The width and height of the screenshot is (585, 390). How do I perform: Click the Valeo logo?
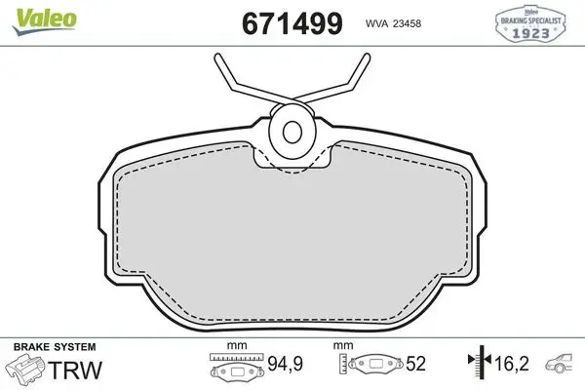click(x=44, y=21)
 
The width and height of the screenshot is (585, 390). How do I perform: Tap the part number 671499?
click(x=292, y=23)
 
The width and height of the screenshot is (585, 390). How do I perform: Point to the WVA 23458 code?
click(x=393, y=23)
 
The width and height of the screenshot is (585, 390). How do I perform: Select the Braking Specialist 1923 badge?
click(x=530, y=23)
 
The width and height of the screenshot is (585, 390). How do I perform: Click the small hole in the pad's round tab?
click(x=292, y=132)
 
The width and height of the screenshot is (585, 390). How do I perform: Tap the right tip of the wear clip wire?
click(x=367, y=57)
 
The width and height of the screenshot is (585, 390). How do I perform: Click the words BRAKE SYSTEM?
click(x=55, y=347)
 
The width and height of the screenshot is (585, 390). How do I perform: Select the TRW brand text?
click(x=75, y=370)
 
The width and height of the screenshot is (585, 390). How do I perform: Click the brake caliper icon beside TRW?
click(x=26, y=369)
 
